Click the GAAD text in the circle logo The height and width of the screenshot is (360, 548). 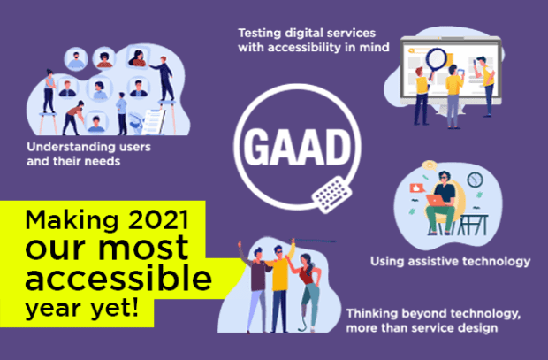coord(297,147)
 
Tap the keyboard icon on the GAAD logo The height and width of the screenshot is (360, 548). coord(331,195)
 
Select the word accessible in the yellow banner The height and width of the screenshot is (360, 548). coord(118,277)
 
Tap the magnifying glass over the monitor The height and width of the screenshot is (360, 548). coord(436,62)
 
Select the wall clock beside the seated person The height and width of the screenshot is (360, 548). coord(475,180)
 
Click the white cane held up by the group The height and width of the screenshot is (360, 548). coord(314,241)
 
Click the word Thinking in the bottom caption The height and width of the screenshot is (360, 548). coord(372,314)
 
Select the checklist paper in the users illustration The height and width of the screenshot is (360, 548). coord(154,122)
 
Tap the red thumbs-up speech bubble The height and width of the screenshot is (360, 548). coord(416,188)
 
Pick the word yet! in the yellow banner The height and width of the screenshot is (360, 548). coord(115,309)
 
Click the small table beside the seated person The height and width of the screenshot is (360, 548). coord(472,225)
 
